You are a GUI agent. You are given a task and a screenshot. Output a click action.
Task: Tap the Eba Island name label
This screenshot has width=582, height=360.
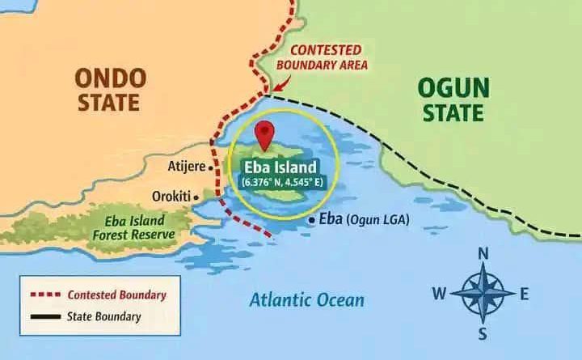[x=278, y=167]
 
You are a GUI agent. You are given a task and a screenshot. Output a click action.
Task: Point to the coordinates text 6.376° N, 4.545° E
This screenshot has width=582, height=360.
[x=278, y=183]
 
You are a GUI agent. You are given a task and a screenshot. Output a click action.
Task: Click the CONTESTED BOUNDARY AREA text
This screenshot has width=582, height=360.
[x=331, y=57]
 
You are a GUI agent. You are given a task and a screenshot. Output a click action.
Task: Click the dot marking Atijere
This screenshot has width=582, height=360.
[x=212, y=168]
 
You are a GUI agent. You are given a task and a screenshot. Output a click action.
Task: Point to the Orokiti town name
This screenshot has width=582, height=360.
[x=171, y=196]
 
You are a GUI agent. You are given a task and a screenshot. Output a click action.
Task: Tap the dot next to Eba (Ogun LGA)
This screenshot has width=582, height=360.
[x=312, y=219]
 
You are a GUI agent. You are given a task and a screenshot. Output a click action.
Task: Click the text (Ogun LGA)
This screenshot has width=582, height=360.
[x=378, y=219]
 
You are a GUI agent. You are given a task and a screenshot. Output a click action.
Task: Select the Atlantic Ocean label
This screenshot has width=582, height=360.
[x=306, y=300]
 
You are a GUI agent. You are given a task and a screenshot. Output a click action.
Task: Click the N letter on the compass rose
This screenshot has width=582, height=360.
[x=483, y=254]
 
